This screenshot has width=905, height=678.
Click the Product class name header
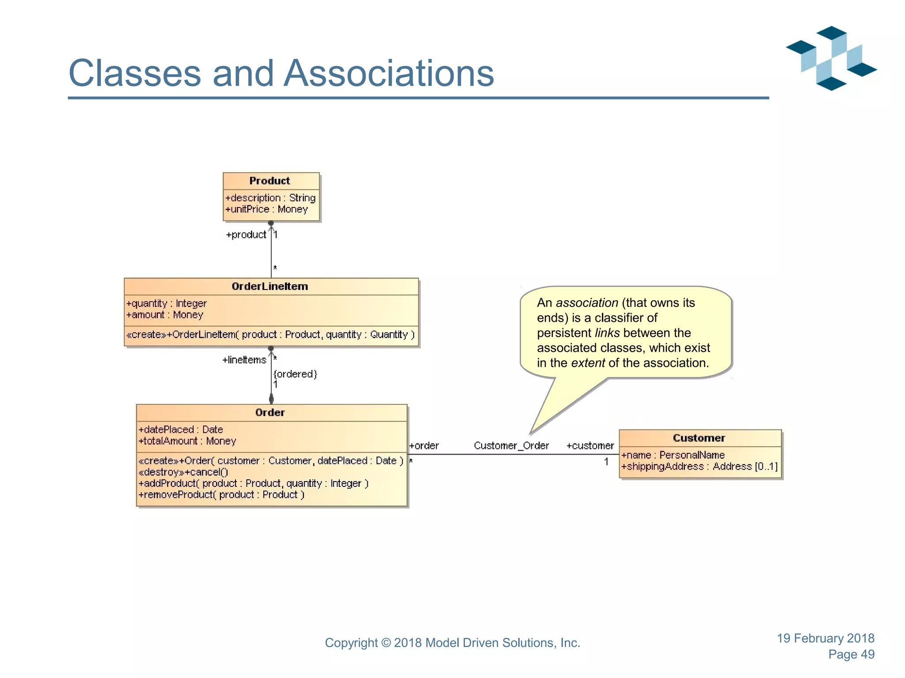pyautogui.click(x=270, y=181)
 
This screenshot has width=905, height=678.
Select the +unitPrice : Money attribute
pyautogui.click(x=266, y=209)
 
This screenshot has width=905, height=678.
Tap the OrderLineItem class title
pyautogui.click(x=270, y=286)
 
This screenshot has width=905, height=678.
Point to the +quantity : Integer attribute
pyautogui.click(x=167, y=303)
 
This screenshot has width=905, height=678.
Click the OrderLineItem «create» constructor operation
pyautogui.click(x=270, y=335)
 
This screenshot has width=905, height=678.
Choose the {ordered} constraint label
pyautogui.click(x=295, y=374)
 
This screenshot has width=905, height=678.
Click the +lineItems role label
pyautogui.click(x=244, y=360)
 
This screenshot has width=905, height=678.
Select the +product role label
pyautogui.click(x=246, y=235)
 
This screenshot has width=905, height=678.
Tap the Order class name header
pyautogui.click(x=270, y=413)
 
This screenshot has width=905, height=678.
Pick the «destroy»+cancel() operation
pyautogui.click(x=183, y=472)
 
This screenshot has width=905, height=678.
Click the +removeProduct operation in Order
pyautogui.click(x=221, y=495)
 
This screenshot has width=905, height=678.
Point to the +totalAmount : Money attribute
pyautogui.click(x=187, y=441)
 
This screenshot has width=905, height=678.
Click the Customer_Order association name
pyautogui.click(x=511, y=446)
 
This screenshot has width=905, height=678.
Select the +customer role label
pyautogui.click(x=590, y=446)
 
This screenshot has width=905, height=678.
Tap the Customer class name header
pyautogui.click(x=699, y=438)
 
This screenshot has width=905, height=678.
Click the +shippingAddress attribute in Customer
pyautogui.click(x=699, y=467)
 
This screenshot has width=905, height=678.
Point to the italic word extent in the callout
pyautogui.click(x=588, y=363)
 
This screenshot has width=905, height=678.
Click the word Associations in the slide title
pyautogui.click(x=388, y=73)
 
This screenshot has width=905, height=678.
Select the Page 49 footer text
pyautogui.click(x=851, y=654)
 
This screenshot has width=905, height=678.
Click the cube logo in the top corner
pyautogui.click(x=831, y=58)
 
